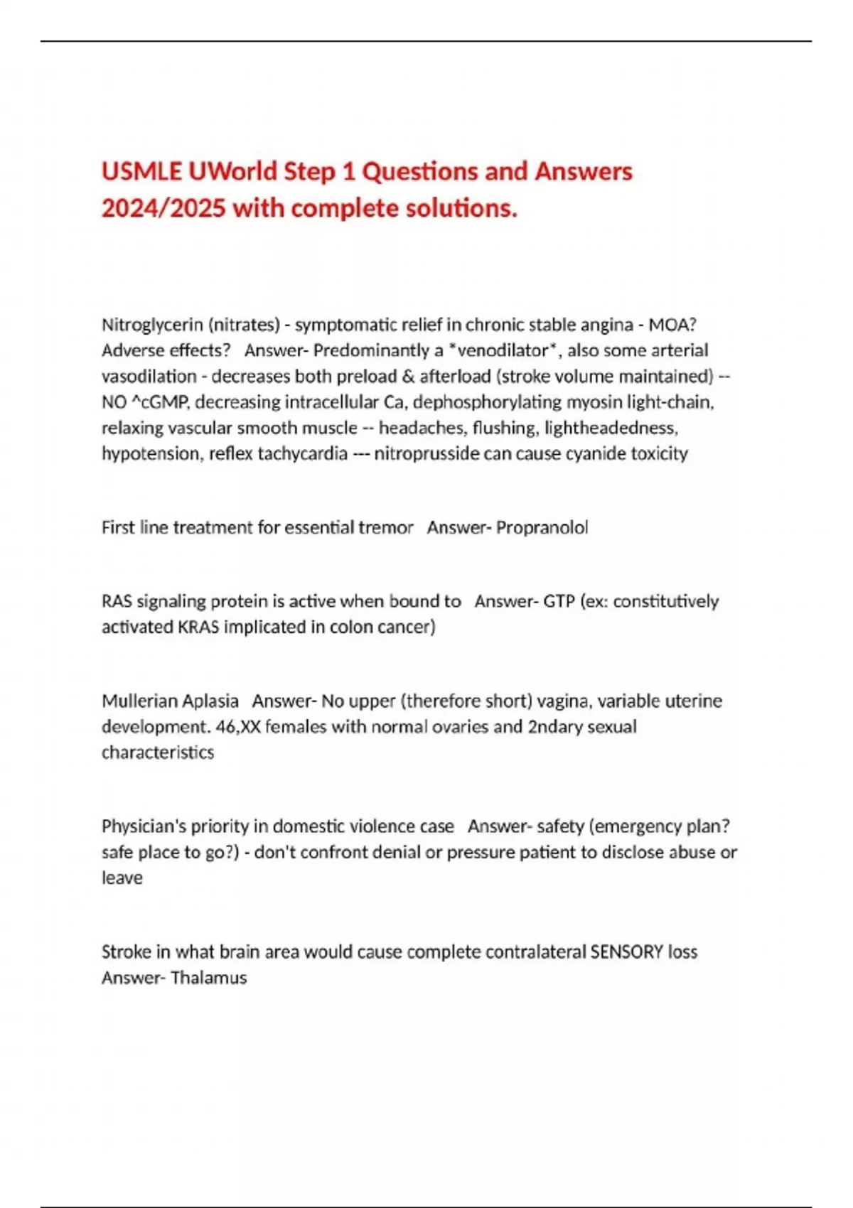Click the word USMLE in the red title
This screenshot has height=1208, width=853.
pyautogui.click(x=141, y=172)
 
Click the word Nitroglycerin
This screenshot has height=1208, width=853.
pyautogui.click(x=151, y=325)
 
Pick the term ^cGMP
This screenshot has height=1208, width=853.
pyautogui.click(x=160, y=402)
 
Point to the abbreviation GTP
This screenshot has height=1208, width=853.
pyautogui.click(x=559, y=601)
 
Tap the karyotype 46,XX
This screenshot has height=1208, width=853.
pyautogui.click(x=238, y=727)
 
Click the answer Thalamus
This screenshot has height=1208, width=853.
pyautogui.click(x=208, y=978)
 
